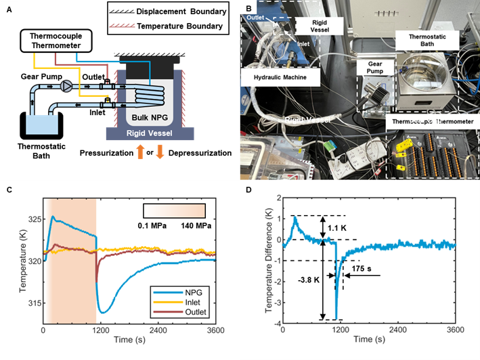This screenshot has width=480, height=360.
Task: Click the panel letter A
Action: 9,9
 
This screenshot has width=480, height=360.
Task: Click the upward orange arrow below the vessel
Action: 140,151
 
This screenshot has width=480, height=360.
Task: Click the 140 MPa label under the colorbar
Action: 192,225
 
